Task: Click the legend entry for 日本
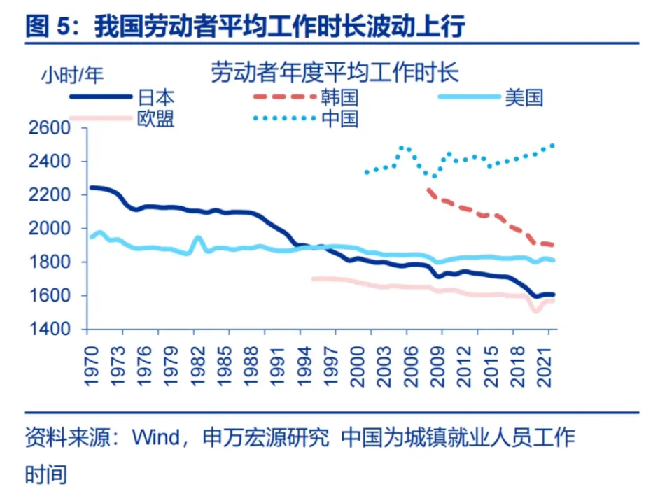tap(155, 97)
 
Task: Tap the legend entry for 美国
tap(524, 97)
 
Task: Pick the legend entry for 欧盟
tap(155, 118)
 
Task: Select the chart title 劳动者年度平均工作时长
tap(335, 73)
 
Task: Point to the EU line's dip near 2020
tap(537, 310)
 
